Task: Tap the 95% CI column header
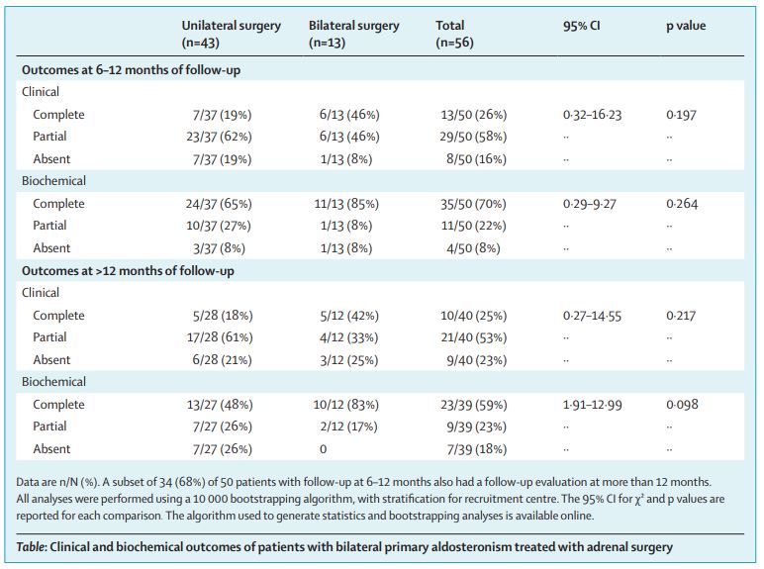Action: tap(581, 26)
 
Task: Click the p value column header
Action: tap(686, 26)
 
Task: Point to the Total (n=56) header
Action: tap(457, 35)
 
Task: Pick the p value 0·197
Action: tap(681, 115)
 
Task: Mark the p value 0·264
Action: tap(681, 204)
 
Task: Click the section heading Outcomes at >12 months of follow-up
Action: tap(128, 270)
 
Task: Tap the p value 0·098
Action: tap(682, 405)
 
